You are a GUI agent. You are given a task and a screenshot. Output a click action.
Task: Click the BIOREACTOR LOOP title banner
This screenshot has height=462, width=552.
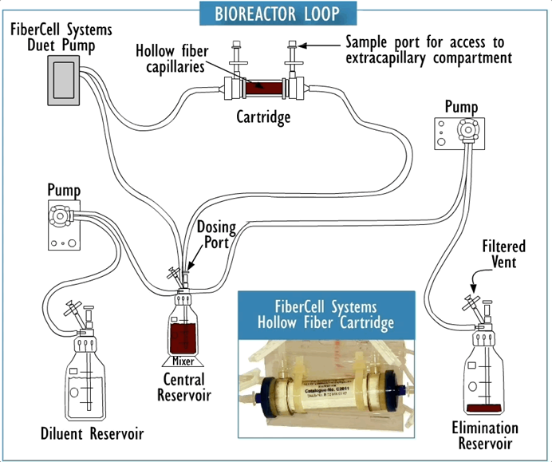[275, 14]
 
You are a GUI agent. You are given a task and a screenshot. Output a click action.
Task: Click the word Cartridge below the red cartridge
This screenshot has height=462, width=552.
[262, 118]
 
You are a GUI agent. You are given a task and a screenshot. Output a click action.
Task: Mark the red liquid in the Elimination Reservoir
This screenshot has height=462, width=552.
[485, 409]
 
